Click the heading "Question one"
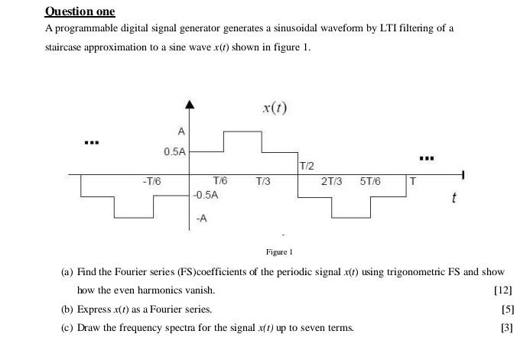[80, 11]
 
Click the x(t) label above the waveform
[275, 107]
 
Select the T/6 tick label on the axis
[220, 181]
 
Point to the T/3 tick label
[262, 181]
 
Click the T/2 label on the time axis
[307, 166]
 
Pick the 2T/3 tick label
[331, 181]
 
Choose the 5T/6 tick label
[371, 181]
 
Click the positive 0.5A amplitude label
[174, 152]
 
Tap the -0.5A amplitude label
[206, 195]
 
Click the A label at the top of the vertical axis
[180, 130]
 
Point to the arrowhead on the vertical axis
[190, 105]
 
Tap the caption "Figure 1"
[280, 251]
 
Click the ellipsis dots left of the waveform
[92, 143]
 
